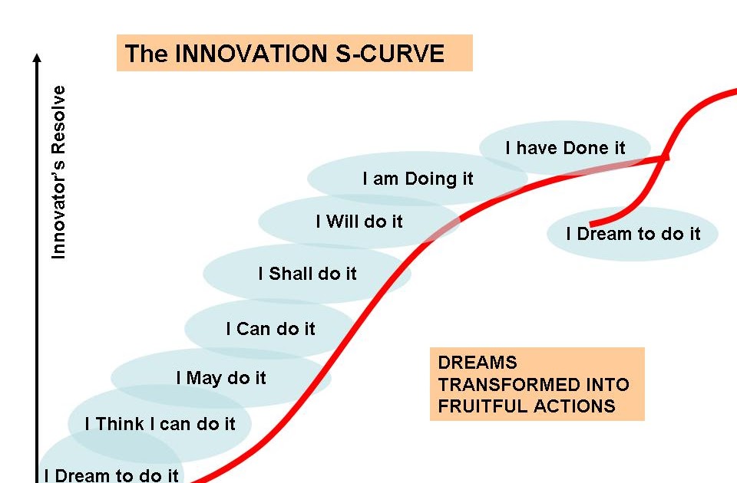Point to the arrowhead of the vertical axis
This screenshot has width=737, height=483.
[36, 58]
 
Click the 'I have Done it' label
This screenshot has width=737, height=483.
[566, 148]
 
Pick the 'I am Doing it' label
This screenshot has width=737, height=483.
[418, 179]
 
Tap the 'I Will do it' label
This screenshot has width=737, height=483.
[359, 222]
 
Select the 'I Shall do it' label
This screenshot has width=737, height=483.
[307, 274]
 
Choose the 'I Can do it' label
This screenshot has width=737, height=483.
[270, 329]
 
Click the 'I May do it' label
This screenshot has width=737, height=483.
[221, 378]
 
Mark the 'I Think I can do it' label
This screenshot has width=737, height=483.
[160, 424]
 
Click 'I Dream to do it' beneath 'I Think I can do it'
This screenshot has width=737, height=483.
[111, 475]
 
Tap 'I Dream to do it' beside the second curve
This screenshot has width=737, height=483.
[633, 234]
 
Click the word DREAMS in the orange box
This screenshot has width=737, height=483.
[478, 363]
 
